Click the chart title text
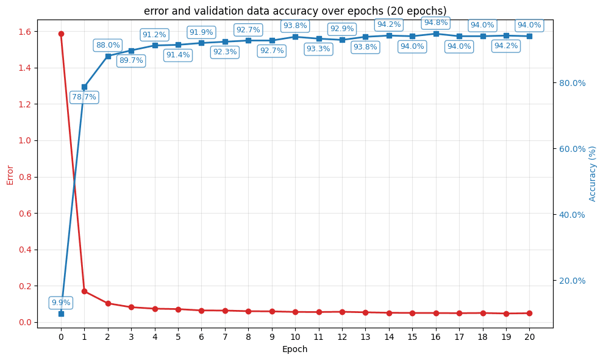[295, 11]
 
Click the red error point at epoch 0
[61, 34]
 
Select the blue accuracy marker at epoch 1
[84, 87]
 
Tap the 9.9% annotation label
[61, 303]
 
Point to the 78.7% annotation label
[84, 97]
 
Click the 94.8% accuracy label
[436, 23]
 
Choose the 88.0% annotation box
[108, 45]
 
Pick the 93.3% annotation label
[318, 49]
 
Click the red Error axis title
[10, 175]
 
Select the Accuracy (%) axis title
[592, 173]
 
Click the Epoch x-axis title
[294, 350]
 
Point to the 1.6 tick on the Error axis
[26, 32]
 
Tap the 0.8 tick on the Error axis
[26, 177]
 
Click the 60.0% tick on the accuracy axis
[573, 149]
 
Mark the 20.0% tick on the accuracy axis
[573, 281]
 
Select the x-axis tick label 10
[295, 336]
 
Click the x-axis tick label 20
[529, 336]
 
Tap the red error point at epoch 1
[84, 291]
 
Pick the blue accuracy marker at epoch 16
[436, 34]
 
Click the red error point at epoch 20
[529, 313]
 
